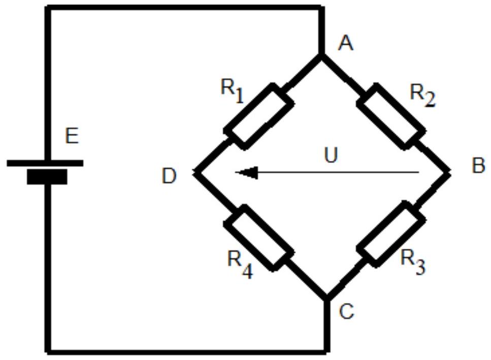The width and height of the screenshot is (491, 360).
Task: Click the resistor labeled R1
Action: coord(258,116)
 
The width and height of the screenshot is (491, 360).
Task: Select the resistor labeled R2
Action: coord(391,116)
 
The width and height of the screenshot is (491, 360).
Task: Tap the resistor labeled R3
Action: coord(391,234)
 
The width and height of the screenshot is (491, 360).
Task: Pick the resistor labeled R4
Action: coord(258,238)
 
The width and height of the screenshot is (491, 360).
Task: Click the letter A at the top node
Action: coord(346,43)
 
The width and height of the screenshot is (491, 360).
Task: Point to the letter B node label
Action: coord(478,166)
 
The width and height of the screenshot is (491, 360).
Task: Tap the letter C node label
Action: coord(346,311)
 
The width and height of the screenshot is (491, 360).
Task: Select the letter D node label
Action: coord(169,176)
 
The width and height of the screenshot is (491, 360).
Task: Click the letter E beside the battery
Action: coord(72,136)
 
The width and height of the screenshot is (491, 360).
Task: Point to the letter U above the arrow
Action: coord(331,155)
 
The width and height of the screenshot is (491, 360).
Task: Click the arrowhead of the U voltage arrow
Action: coord(247,173)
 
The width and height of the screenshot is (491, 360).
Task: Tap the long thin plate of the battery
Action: coord(45,163)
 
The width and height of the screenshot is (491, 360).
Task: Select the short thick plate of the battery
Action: coord(47,177)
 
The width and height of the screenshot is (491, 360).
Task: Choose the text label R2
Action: coord(422,95)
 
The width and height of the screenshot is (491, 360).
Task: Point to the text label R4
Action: coord(240,265)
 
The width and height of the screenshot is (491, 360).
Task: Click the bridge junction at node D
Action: coord(197,172)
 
